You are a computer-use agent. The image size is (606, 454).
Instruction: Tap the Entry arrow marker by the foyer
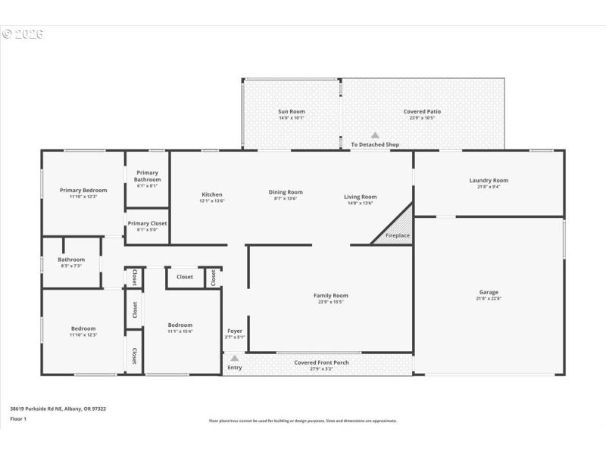pyautogui.click(x=235, y=359)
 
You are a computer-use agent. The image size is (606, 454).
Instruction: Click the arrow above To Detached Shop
pyautogui.click(x=374, y=135)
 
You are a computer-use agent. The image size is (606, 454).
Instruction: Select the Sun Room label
pyautogui.click(x=291, y=112)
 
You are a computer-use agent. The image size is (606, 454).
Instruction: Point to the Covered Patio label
pyautogui.click(x=422, y=112)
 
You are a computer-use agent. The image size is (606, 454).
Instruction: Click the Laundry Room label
pyautogui.click(x=489, y=180)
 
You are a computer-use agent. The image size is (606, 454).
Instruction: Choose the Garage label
pyautogui.click(x=489, y=292)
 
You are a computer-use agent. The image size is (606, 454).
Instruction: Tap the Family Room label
pyautogui.click(x=330, y=296)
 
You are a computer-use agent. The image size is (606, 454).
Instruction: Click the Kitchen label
pyautogui.click(x=211, y=194)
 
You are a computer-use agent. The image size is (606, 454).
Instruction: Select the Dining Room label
pyautogui.click(x=285, y=192)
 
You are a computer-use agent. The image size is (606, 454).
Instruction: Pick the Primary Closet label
pyautogui.click(x=147, y=223)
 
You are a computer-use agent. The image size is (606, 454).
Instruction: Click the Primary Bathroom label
pyautogui.click(x=147, y=176)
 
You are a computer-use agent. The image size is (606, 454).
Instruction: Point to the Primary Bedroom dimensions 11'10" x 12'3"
pyautogui.click(x=83, y=197)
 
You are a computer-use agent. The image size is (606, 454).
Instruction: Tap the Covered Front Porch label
pyautogui.click(x=321, y=362)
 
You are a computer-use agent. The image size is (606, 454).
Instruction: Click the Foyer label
pyautogui.click(x=235, y=331)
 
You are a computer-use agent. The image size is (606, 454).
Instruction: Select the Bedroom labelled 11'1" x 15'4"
pyautogui.click(x=180, y=325)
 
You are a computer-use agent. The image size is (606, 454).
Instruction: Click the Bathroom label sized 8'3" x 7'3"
pyautogui.click(x=71, y=260)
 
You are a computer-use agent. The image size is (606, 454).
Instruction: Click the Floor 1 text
pyautogui.click(x=18, y=418)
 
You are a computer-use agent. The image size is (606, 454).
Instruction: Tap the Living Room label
pyautogui.click(x=360, y=197)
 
